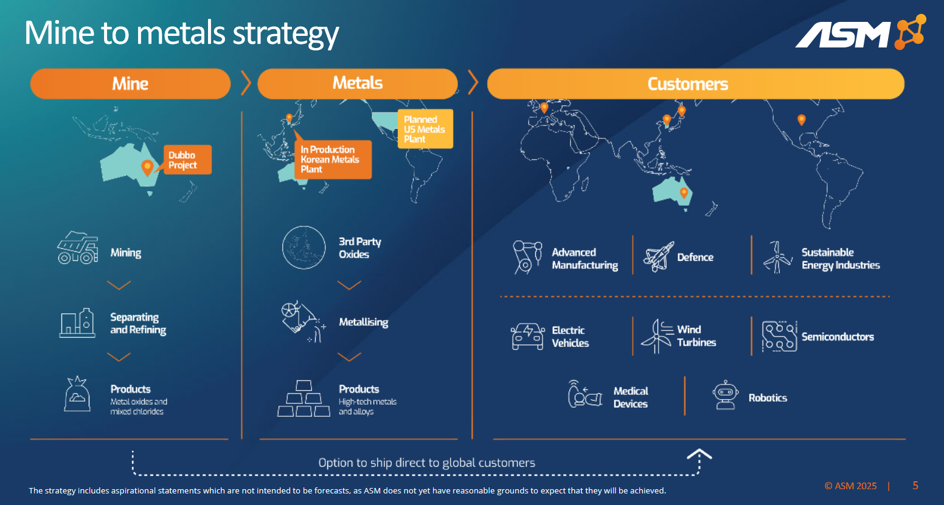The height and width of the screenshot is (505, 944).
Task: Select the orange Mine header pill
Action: [130, 83]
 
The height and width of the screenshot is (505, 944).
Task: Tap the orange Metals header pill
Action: [358, 83]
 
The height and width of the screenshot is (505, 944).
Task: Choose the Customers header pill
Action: [695, 83]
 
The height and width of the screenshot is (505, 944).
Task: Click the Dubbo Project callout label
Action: [187, 160]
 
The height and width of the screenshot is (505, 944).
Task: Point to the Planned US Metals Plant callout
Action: [425, 129]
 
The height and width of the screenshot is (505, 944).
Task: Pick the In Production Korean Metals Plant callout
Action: [333, 159]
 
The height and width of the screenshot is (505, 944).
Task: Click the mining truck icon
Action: [77, 248]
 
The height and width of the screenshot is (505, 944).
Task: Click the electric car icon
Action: [527, 336]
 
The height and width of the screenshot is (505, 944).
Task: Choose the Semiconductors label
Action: [838, 336]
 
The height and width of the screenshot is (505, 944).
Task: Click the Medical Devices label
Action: [631, 397]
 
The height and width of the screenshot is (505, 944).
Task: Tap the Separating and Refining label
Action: [138, 323]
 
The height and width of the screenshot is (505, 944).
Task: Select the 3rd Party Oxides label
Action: [360, 248]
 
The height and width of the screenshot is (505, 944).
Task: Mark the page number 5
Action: [915, 485]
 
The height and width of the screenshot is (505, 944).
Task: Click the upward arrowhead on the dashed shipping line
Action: [699, 453]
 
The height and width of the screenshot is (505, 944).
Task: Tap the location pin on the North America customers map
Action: [802, 120]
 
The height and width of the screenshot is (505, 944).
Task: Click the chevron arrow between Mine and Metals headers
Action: [245, 83]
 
